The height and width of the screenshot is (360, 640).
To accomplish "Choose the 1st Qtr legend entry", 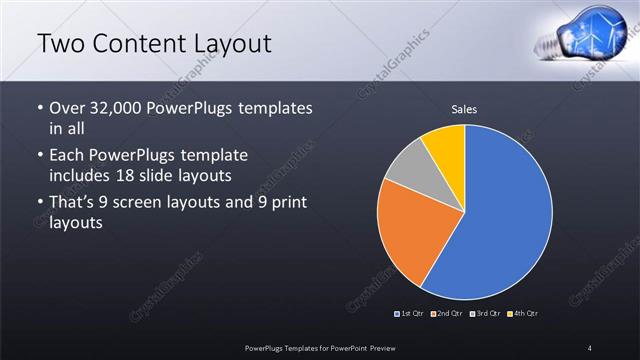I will click(410, 313).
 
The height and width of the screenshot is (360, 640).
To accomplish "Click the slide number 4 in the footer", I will click(590, 347).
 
